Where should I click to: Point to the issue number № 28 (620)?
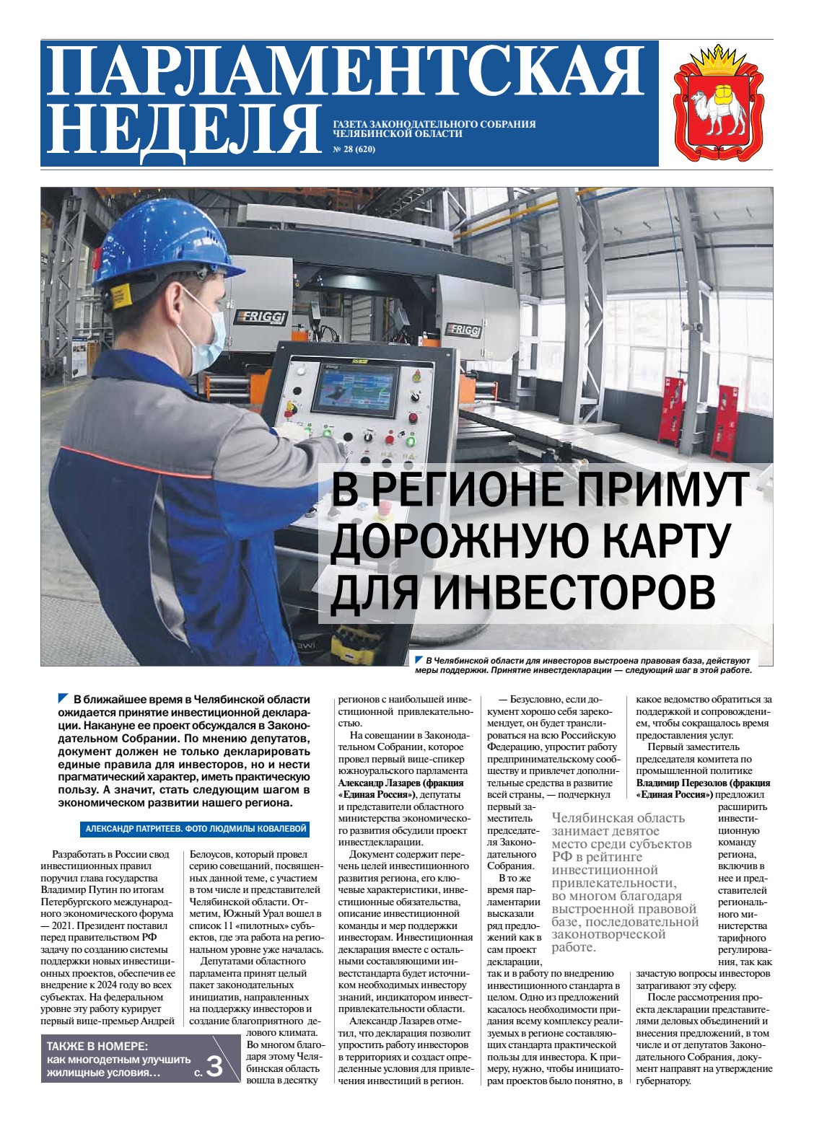click(x=354, y=150)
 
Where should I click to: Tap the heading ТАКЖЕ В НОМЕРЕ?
click(x=97, y=1047)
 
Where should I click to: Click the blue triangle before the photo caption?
click(x=419, y=659)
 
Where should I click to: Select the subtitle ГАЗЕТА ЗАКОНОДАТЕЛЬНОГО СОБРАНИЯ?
click(x=434, y=124)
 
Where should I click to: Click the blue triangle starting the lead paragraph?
click(x=63, y=698)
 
